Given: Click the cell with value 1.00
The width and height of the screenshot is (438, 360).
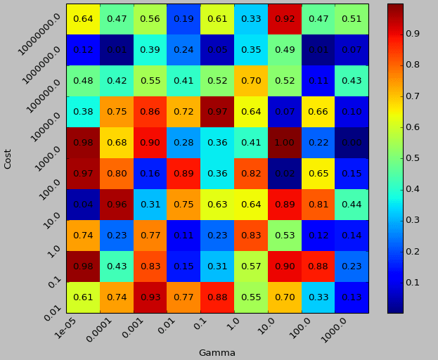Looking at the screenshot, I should click(x=285, y=143).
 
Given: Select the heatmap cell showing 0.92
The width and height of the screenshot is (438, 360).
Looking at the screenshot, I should click(x=285, y=19).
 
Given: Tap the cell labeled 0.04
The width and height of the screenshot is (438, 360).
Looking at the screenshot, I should click(x=83, y=205).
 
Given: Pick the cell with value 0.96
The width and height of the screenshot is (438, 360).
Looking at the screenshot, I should click(x=117, y=205).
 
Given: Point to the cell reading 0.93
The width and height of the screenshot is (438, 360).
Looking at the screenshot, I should click(x=150, y=297).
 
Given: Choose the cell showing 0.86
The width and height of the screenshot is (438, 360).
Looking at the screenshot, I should click(x=150, y=112).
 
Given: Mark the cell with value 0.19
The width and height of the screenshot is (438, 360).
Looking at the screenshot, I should click(x=184, y=19).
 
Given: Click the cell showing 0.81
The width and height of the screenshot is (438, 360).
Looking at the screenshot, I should click(x=318, y=205).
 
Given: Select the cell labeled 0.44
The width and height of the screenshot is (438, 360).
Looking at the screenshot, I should click(x=352, y=205).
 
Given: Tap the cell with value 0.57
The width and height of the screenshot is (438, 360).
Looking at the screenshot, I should click(x=251, y=266).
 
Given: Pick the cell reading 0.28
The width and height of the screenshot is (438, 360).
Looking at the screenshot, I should click(x=184, y=143).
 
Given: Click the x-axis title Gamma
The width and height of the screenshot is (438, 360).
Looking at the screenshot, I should click(x=217, y=353).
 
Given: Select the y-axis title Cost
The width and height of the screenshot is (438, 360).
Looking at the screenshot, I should click(x=8, y=158).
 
